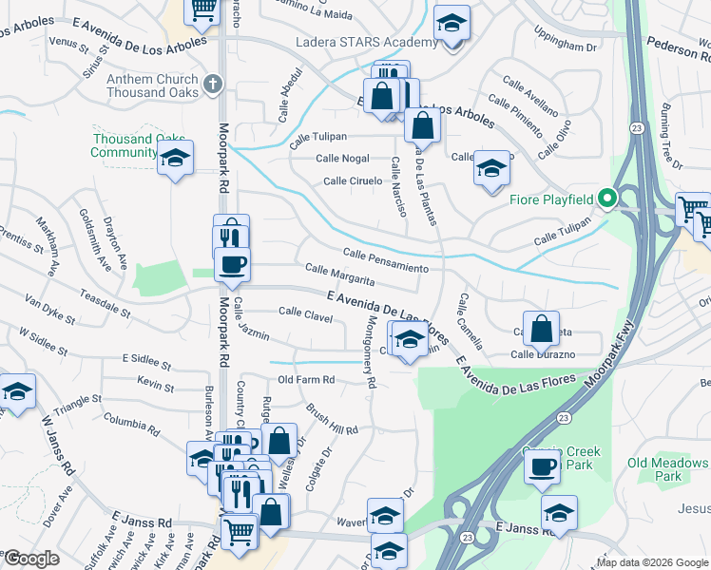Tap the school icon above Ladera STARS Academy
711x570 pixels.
click(452, 24)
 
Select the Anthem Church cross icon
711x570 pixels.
click(211, 84)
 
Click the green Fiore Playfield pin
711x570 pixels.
click(608, 199)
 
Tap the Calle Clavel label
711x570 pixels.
click(305, 312)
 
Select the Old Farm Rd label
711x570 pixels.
click(304, 380)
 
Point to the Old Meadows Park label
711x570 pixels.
click(668, 469)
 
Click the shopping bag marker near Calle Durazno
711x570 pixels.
click(540, 330)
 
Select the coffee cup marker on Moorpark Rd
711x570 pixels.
click(232, 265)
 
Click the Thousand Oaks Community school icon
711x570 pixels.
click(175, 159)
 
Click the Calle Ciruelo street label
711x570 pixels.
click(352, 180)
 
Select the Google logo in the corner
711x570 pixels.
click(32, 559)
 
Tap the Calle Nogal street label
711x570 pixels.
click(342, 159)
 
